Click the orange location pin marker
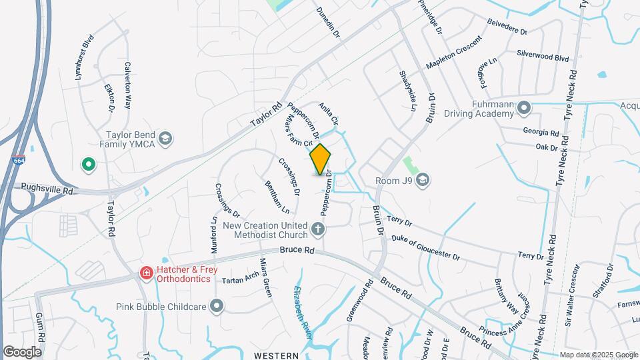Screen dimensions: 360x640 (320, 159)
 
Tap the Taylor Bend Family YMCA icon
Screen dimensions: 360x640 (165, 139)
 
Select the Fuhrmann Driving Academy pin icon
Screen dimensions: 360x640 (524, 107)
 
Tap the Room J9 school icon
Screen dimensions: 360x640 (422, 179)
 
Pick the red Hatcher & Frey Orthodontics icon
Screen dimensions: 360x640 (145, 273)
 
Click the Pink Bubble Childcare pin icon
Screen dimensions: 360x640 (216, 306)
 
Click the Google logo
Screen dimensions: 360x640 (22, 351)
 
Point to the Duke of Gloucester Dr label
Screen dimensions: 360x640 (426, 247)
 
